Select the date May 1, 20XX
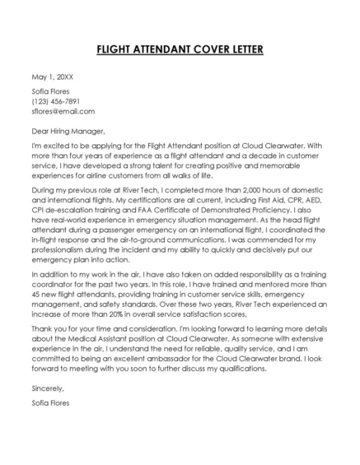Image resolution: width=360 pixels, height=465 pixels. (x=49, y=78)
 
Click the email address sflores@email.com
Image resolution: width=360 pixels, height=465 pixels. (x=63, y=111)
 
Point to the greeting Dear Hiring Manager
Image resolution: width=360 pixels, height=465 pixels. (x=68, y=130)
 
